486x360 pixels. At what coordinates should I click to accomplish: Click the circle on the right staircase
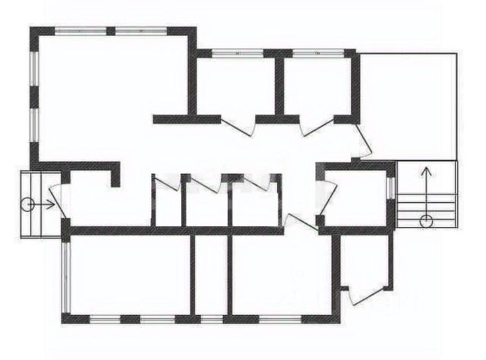(426, 220)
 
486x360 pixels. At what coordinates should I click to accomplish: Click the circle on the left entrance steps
(27, 204)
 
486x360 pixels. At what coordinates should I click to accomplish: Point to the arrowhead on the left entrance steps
(51, 204)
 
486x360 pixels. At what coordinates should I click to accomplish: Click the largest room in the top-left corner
(106, 91)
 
